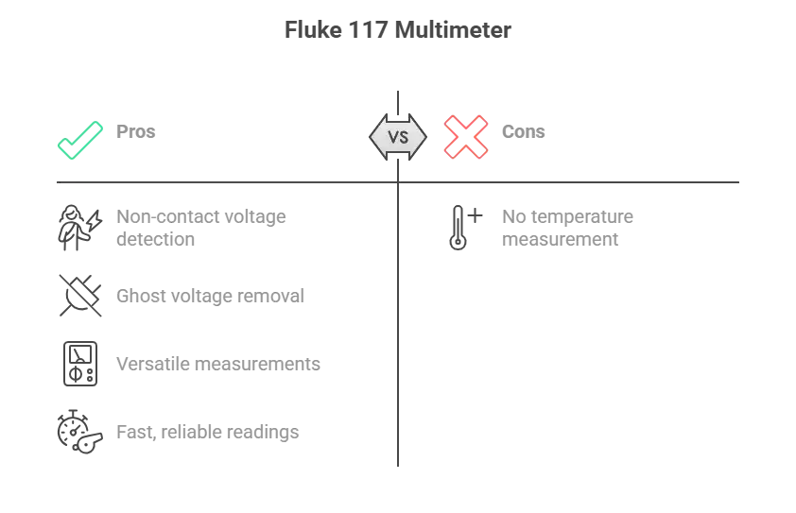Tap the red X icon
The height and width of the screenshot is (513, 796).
pos(466,137)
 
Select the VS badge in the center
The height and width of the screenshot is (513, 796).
pos(398,137)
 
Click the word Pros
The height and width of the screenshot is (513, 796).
pos(135,131)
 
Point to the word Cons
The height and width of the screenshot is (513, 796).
pos(524,131)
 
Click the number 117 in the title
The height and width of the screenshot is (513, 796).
pos(368,30)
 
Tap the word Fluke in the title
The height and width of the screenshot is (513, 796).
pos(313,30)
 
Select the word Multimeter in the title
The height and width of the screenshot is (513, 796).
pos(453,30)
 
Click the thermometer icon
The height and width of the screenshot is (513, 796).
pos(458,228)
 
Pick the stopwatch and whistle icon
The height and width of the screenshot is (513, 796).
pos(79,432)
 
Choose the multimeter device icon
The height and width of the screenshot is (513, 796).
pos(80,364)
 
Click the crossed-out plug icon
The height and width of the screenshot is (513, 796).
pos(80,296)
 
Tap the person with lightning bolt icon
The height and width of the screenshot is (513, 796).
pos(79,228)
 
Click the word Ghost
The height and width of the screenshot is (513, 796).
pos(140,296)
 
